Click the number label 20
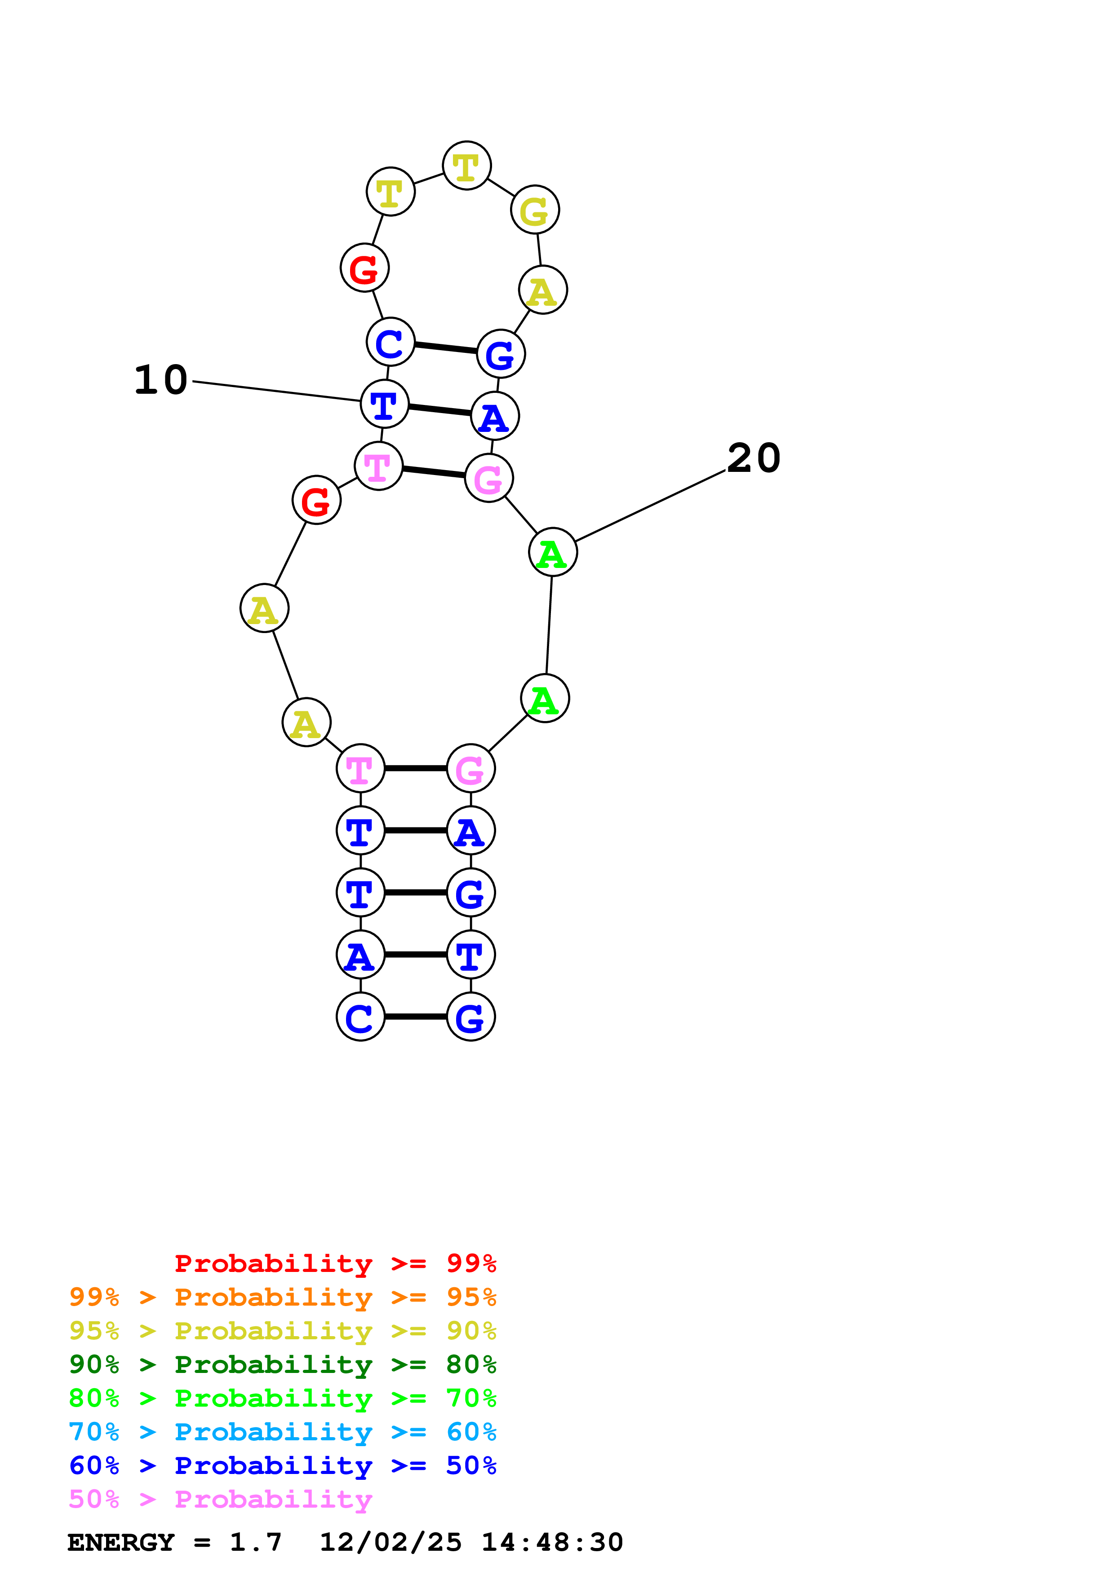pyautogui.click(x=753, y=458)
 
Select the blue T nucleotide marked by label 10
pyautogui.click(x=384, y=404)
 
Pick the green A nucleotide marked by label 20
pyautogui.click(x=553, y=552)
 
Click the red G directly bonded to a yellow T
pyautogui.click(x=364, y=268)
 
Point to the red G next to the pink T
pyautogui.click(x=316, y=500)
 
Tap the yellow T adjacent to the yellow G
pyautogui.click(x=467, y=166)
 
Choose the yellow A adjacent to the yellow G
pyautogui.click(x=542, y=290)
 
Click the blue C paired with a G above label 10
pyautogui.click(x=391, y=342)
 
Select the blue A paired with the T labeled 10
pyautogui.click(x=494, y=416)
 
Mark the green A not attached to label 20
pyautogui.click(x=545, y=698)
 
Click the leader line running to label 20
pyautogui.click(x=650, y=506)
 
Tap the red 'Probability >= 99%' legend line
pyautogui.click(x=335, y=1263)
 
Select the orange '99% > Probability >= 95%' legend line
pyautogui.click(x=282, y=1297)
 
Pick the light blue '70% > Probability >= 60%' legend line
pyautogui.click(x=282, y=1432)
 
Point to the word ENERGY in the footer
pyautogui.click(x=121, y=1543)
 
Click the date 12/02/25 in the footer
pyautogui.click(x=391, y=1543)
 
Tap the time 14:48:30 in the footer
pyautogui.click(x=552, y=1543)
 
